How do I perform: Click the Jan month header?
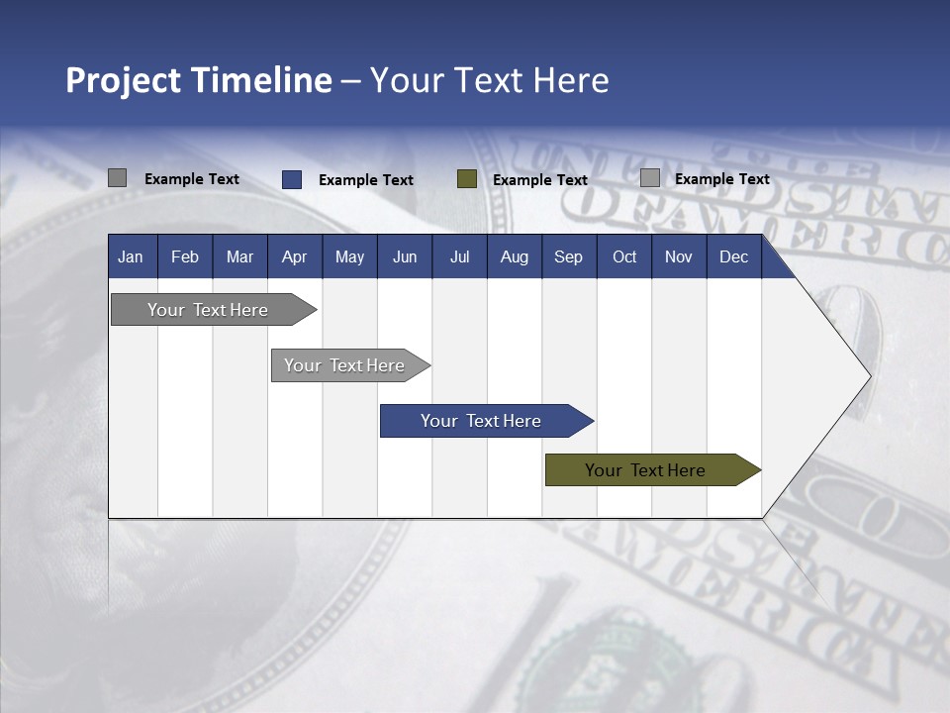[x=131, y=257]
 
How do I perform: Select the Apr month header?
[x=295, y=257]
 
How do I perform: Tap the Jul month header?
[x=459, y=257]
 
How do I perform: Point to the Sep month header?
[x=568, y=257]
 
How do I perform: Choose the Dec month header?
[x=733, y=257]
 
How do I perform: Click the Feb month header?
[x=185, y=257]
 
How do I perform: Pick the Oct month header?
[x=624, y=257]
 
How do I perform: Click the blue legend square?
[x=292, y=179]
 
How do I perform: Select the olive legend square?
[x=467, y=179]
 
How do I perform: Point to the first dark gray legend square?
[x=117, y=178]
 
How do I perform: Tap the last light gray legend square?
[x=650, y=178]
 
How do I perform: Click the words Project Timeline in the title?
[x=198, y=80]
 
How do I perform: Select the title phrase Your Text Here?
[x=489, y=80]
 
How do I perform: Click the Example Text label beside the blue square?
[x=366, y=180]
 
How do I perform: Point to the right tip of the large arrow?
[x=868, y=376]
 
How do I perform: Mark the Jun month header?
[x=405, y=257]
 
